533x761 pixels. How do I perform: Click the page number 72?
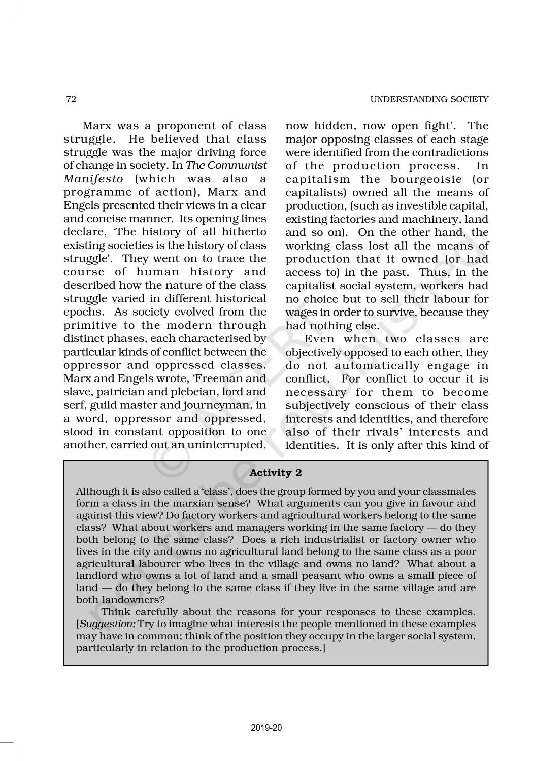[71, 99]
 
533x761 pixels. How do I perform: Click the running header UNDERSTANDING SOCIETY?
[429, 99]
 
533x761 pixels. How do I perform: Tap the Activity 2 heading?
[276, 473]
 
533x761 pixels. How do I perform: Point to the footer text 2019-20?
[266, 728]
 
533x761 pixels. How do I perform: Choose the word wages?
[299, 312]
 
